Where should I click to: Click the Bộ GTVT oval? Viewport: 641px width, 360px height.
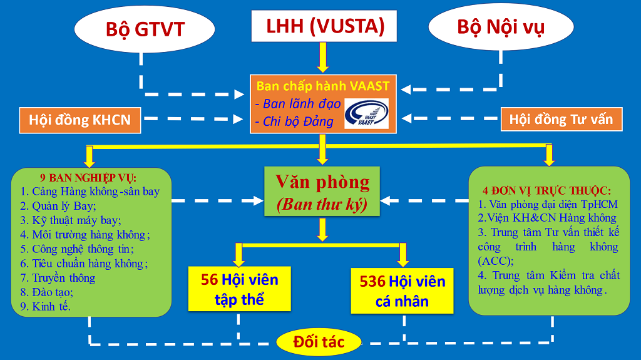(x=144, y=29)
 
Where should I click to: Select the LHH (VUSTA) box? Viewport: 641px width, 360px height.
(x=324, y=26)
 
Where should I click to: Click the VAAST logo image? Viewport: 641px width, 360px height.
(x=367, y=114)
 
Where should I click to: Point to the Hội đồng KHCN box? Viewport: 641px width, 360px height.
(x=79, y=119)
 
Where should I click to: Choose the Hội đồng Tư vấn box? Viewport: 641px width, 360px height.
(x=561, y=119)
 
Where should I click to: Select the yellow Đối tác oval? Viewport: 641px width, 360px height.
(x=319, y=342)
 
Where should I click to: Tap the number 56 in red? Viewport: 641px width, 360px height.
(x=209, y=280)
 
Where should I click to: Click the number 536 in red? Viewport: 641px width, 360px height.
(x=372, y=281)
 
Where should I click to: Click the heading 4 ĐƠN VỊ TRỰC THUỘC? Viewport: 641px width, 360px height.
(x=546, y=190)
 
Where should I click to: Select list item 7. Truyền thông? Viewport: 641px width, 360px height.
(x=58, y=277)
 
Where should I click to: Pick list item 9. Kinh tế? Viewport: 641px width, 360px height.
(x=46, y=306)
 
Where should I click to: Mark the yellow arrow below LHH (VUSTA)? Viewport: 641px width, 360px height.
(x=323, y=57)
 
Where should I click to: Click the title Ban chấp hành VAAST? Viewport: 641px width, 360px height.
(x=322, y=86)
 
